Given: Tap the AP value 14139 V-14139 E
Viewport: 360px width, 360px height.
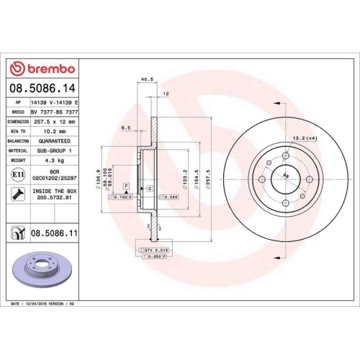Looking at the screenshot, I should point(55,103).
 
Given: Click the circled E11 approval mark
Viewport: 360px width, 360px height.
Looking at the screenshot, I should point(17,174).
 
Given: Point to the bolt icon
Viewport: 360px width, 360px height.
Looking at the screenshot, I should point(17,192).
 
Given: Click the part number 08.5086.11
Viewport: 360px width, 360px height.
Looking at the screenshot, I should point(54,233).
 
